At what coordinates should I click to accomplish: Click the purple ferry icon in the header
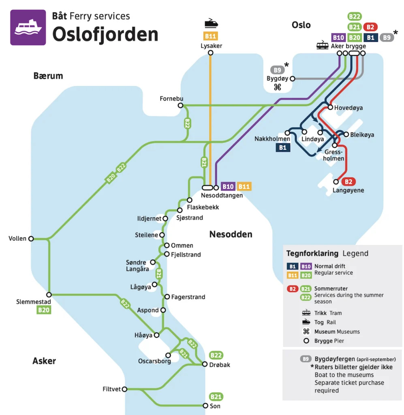coord(28,28)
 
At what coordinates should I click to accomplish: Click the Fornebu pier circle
coord(180,106)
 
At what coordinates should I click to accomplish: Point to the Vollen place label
coord(17,239)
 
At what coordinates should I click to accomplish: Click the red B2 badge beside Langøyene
coord(348,182)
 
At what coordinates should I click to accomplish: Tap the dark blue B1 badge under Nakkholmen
coord(283,148)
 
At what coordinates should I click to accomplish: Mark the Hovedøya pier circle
coord(330,108)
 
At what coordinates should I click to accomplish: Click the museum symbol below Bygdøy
coord(278,87)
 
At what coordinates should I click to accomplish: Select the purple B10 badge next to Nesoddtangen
coord(228,186)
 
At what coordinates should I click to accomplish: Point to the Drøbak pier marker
coord(205,364)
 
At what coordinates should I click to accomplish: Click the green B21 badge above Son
coord(216,397)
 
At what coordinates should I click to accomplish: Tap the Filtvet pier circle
coord(124,389)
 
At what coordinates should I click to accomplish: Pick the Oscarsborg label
coord(154,361)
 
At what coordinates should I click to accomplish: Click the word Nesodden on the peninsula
coord(231,234)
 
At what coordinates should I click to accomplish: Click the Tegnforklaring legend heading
coord(312,254)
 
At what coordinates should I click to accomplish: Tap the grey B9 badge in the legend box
coord(306,359)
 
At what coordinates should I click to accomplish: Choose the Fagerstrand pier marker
coord(167,297)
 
